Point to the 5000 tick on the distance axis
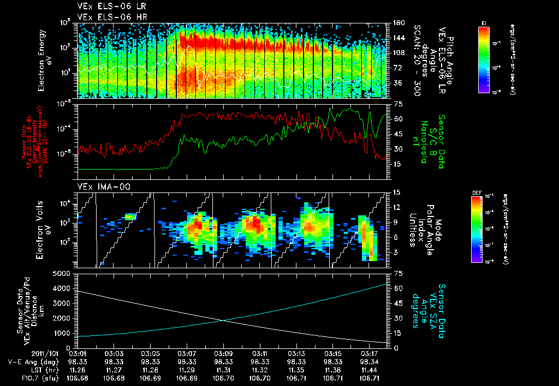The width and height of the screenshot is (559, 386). [64, 273]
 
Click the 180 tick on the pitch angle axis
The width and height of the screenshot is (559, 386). [398, 23]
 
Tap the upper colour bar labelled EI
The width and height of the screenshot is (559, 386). [483, 59]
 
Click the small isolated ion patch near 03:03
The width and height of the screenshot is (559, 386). [130, 216]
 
